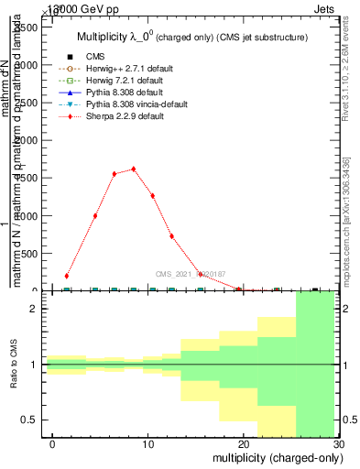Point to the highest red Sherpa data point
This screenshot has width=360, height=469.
pyautogui.click(x=134, y=169)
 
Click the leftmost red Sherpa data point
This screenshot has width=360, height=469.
pyautogui.click(x=67, y=276)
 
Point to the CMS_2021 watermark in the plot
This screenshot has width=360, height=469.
pyautogui.click(x=191, y=273)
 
